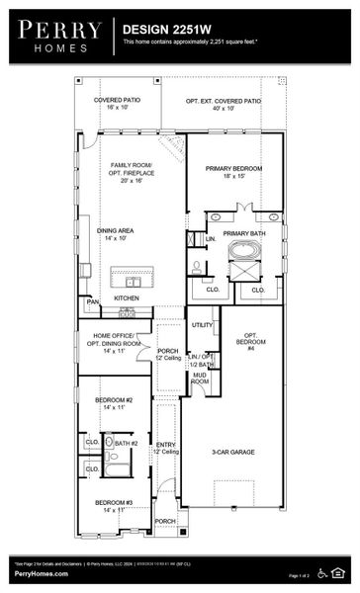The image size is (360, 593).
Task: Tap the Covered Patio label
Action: pos(118,104)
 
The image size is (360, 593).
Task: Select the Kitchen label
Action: pos(127,297)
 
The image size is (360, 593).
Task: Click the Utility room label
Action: pos(202,324)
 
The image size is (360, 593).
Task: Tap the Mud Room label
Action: pos(200,378)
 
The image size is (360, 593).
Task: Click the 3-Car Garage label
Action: pos(233,452)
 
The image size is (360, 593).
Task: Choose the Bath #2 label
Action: pos(125,444)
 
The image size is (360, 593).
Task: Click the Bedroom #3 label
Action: pos(113,506)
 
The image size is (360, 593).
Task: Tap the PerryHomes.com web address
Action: pos(40,574)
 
